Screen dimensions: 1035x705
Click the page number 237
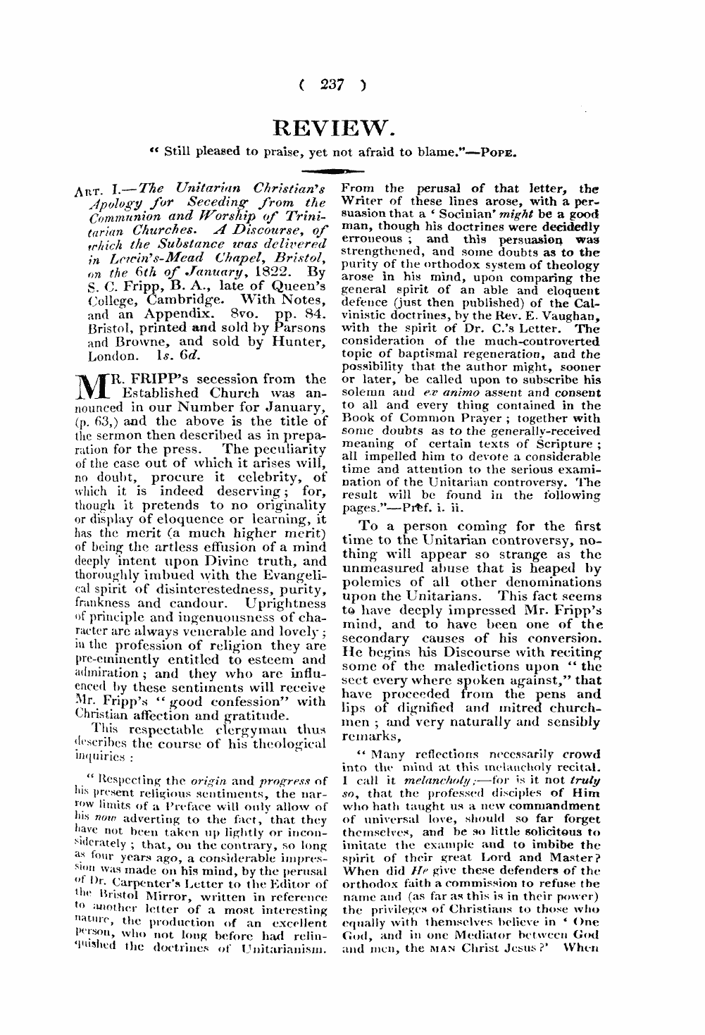330,85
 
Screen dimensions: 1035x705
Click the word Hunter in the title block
302,342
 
